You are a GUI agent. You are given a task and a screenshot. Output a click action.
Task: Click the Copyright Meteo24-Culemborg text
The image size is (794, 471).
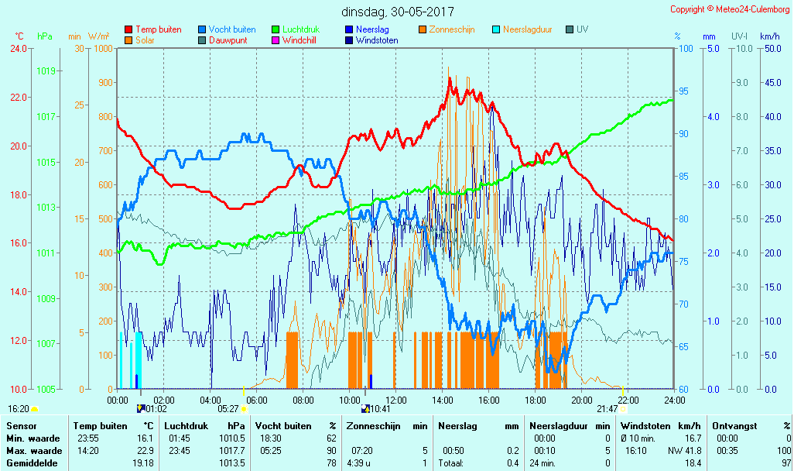click(x=731, y=9)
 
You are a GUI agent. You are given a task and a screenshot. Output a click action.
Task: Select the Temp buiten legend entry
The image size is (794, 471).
click(x=158, y=29)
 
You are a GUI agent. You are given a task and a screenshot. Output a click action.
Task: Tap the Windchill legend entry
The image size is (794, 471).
click(x=303, y=40)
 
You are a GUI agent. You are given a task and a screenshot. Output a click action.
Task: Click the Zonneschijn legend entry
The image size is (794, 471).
click(x=452, y=29)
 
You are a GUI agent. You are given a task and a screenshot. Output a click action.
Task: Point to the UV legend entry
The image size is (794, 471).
click(x=582, y=29)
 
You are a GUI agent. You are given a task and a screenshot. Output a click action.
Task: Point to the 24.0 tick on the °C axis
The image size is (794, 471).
click(x=17, y=48)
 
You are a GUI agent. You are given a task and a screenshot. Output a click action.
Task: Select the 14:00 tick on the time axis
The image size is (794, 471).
click(x=442, y=400)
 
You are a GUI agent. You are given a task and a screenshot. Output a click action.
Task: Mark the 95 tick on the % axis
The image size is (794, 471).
click(x=683, y=91)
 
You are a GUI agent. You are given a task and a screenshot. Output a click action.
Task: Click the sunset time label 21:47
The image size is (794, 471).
click(x=607, y=409)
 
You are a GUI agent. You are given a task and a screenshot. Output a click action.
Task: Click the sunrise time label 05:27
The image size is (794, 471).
click(x=228, y=409)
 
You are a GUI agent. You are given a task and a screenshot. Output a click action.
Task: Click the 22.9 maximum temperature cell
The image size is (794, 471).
click(x=146, y=451)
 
